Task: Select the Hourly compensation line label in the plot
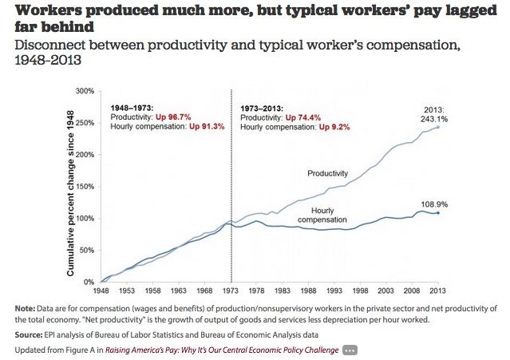click(x=322, y=215)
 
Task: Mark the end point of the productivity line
click(x=437, y=128)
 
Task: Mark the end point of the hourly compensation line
click(x=437, y=213)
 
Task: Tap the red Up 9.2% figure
click(x=338, y=127)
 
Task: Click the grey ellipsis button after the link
click(x=350, y=350)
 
